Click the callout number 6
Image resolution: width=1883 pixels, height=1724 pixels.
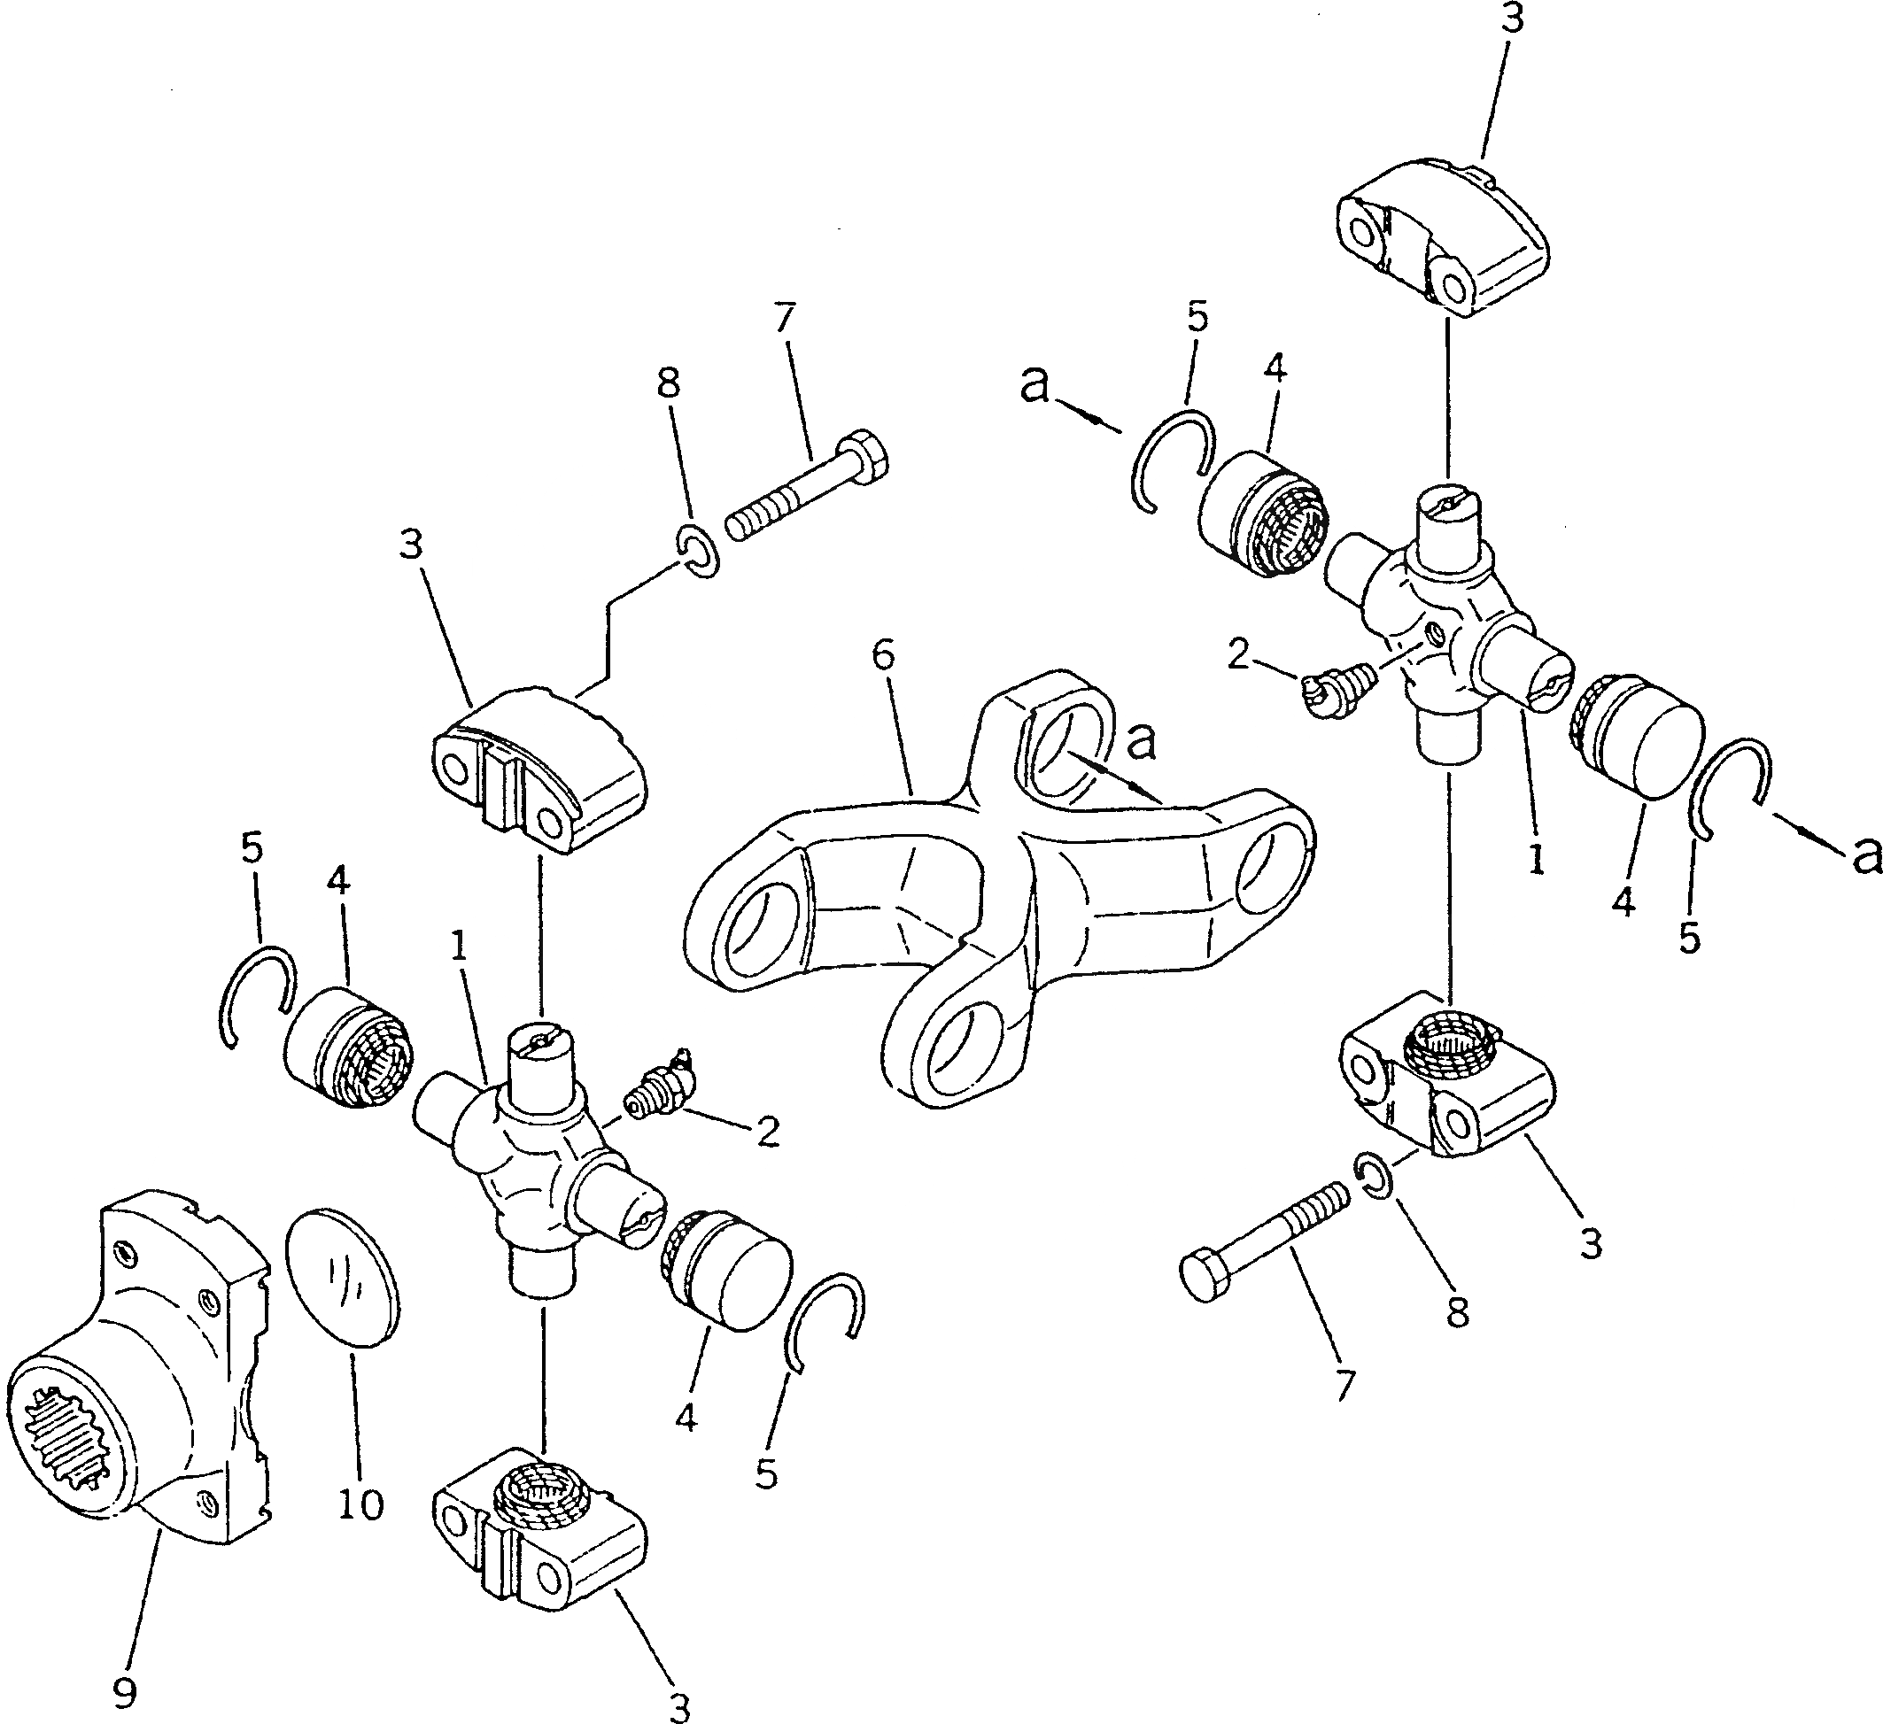pyautogui.click(x=882, y=655)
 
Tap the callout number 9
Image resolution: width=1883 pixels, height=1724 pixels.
pyautogui.click(x=123, y=1691)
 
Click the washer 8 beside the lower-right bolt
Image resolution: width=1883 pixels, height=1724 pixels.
pyautogui.click(x=1374, y=1174)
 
